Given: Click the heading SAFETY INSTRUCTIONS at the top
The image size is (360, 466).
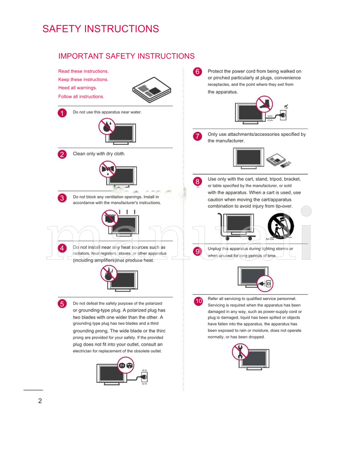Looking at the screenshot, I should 100,29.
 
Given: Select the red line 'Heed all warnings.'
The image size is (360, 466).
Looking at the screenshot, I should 77,88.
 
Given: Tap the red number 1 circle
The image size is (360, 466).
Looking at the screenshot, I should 63,113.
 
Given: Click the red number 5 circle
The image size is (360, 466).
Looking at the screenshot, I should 63,304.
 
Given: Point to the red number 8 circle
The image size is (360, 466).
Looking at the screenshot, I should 197,181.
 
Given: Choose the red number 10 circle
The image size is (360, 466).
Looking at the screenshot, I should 198,301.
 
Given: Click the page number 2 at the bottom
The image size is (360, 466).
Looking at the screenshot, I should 40,401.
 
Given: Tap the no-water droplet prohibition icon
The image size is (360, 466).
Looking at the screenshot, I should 107,126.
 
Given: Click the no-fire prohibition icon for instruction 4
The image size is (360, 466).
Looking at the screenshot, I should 108,273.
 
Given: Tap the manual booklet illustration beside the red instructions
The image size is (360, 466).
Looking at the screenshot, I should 152,91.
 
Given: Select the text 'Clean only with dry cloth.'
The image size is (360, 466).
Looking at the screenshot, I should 99,154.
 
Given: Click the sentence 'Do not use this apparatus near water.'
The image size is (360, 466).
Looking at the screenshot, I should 107,112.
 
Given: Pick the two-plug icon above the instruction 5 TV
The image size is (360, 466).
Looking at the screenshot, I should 126,365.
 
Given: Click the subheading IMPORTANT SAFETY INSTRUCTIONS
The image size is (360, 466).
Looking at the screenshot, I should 126,56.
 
